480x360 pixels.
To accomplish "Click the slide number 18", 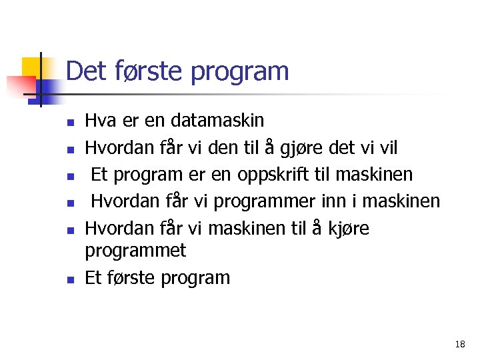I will (x=459, y=345).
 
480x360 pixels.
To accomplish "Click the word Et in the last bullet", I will (x=93, y=278).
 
